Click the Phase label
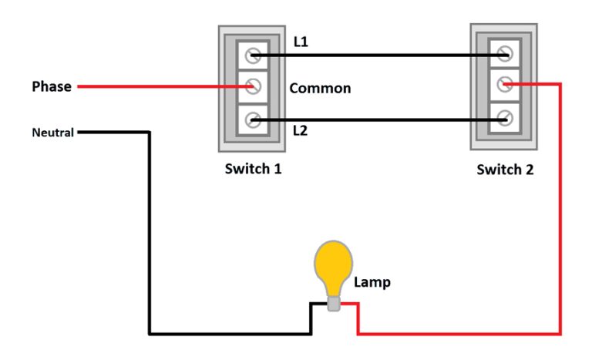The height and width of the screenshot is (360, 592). click(x=51, y=86)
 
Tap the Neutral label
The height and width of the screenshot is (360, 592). click(x=52, y=133)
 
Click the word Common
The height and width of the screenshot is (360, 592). click(x=320, y=88)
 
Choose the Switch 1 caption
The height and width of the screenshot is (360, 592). click(x=253, y=168)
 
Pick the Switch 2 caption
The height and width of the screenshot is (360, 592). click(x=505, y=170)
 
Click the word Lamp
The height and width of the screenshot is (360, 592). click(x=372, y=282)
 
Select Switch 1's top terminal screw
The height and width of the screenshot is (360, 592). click(x=253, y=56)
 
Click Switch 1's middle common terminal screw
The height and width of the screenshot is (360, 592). click(x=253, y=86)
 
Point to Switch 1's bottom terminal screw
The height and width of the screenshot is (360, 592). click(x=253, y=119)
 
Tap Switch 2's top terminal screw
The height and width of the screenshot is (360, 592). click(x=505, y=54)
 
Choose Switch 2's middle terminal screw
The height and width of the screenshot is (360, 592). click(x=505, y=83)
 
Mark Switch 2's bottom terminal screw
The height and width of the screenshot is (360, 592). click(x=505, y=118)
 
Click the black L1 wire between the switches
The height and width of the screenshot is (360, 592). click(x=378, y=56)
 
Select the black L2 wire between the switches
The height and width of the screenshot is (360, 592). click(x=378, y=119)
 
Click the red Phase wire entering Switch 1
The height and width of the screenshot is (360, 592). click(x=154, y=86)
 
